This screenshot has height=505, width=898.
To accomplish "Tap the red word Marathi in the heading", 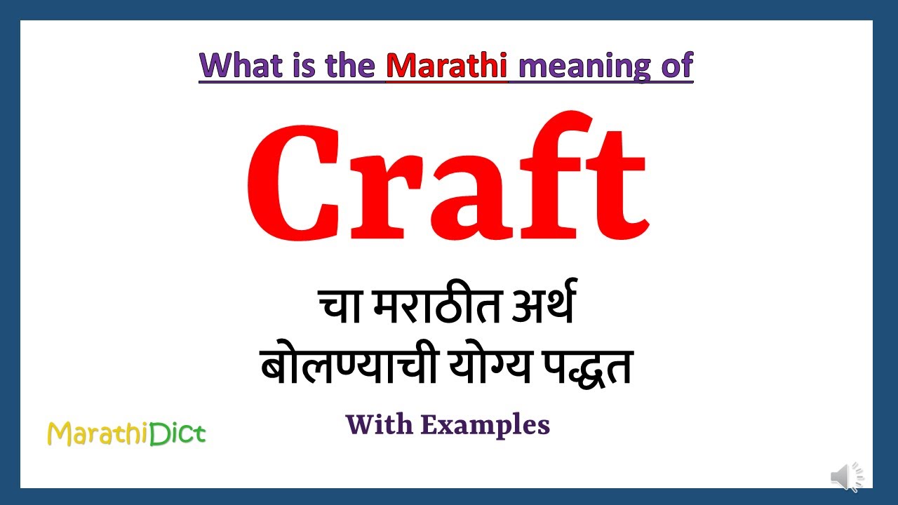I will pyautogui.click(x=446, y=66).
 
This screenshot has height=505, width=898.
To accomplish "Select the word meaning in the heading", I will pyautogui.click(x=572, y=66).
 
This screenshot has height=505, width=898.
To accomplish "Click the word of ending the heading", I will pyautogui.click(x=676, y=66).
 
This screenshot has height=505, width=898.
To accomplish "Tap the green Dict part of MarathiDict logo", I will pyautogui.click(x=177, y=434).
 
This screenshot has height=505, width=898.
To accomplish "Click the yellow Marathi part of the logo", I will pyautogui.click(x=98, y=434).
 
